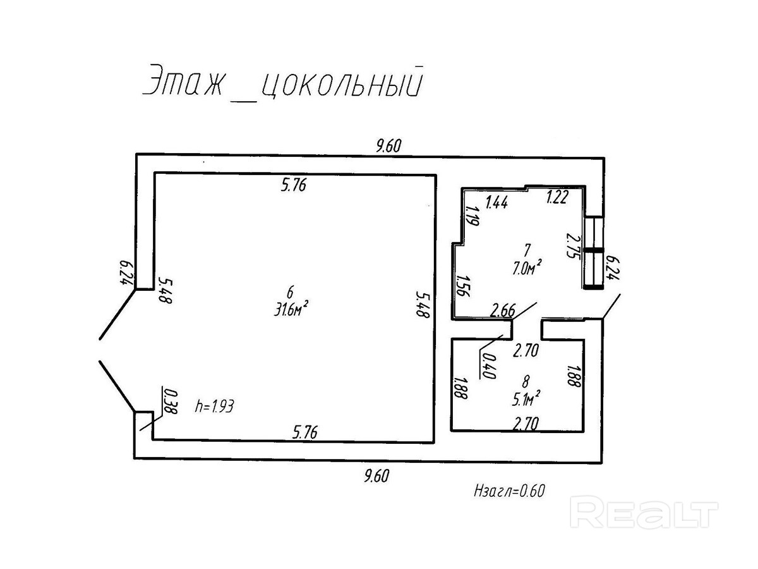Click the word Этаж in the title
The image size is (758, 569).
[183, 82]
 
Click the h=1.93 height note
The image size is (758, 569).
[215, 407]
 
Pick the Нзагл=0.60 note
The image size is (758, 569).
[508, 491]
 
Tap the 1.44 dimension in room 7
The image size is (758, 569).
[497, 202]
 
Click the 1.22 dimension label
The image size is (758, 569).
[558, 198]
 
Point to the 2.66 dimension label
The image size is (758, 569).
[503, 310]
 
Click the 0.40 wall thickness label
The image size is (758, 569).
[486, 365]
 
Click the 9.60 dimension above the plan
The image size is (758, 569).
[388, 146]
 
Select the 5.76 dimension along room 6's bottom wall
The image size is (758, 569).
[305, 432]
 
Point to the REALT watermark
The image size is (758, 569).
[644, 511]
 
